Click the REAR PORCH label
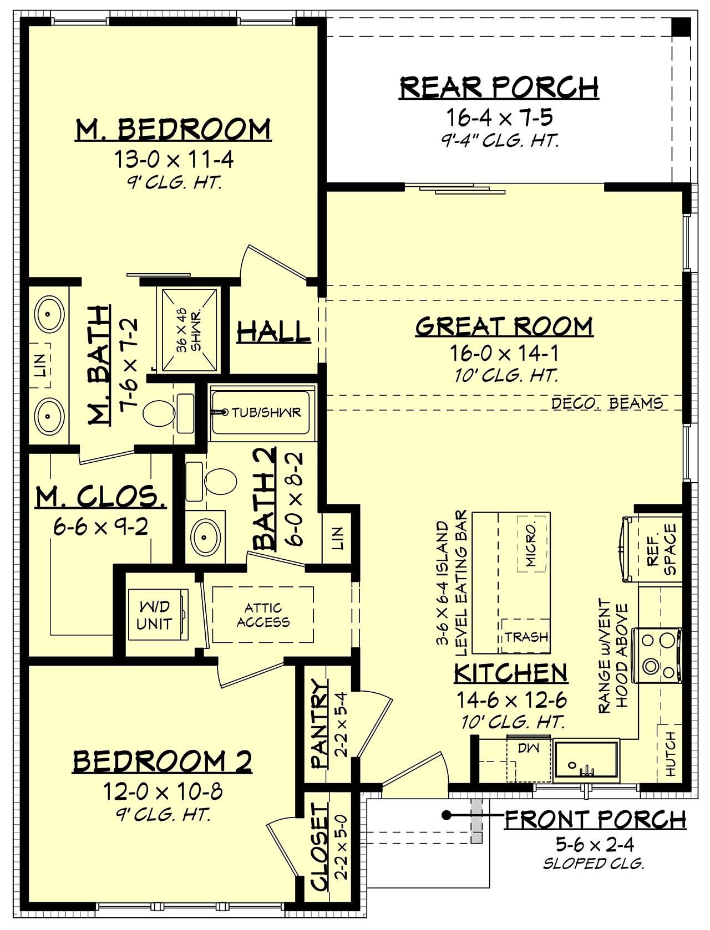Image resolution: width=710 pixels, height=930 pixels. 499,88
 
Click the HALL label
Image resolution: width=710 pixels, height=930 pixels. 273,332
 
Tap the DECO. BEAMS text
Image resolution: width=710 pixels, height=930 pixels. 607,403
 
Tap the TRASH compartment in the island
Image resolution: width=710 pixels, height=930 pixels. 526,637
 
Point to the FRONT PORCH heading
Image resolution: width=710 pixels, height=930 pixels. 595,819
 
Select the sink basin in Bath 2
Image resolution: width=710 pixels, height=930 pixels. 205,536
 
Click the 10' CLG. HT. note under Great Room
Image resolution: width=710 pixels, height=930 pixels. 504,375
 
